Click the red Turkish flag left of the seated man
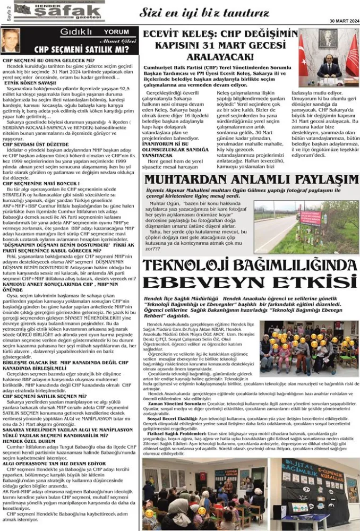[x=308, y=58]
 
